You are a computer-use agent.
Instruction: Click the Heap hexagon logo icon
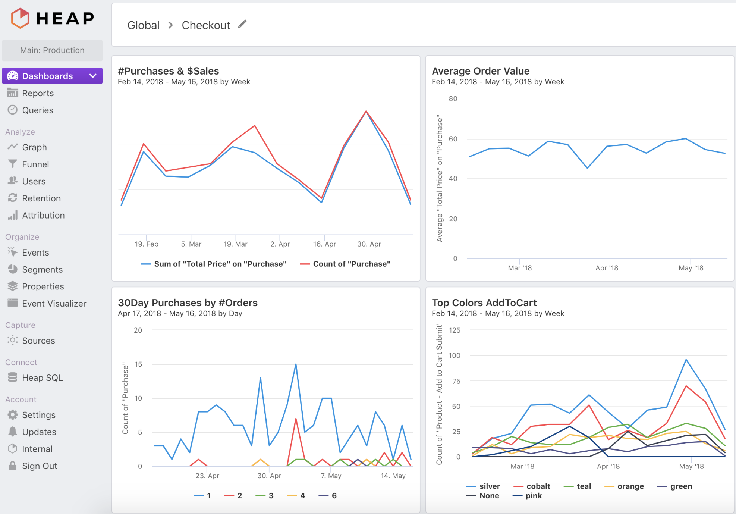point(20,18)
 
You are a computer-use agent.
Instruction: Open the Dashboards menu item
point(47,76)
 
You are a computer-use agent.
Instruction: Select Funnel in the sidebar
point(35,164)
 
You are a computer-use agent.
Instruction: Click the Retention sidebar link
point(41,198)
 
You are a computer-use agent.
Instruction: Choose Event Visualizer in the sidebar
point(54,304)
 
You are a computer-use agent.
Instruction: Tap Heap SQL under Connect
point(42,378)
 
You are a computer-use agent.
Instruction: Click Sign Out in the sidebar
point(40,466)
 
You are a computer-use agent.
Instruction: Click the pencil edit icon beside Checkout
point(242,24)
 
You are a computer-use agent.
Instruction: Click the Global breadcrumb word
point(143,25)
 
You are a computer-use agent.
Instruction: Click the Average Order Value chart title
point(481,71)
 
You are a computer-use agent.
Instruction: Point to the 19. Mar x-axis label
point(235,244)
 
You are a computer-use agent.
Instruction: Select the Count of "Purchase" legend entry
point(351,264)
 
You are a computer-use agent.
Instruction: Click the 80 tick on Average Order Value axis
point(453,99)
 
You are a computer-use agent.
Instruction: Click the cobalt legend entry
point(538,486)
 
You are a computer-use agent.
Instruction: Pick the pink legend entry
point(533,496)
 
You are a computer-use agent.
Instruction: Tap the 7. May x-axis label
point(331,476)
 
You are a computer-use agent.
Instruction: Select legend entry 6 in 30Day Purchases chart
point(334,496)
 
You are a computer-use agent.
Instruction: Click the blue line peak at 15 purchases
point(296,364)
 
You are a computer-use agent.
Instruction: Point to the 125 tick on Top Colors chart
point(455,330)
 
